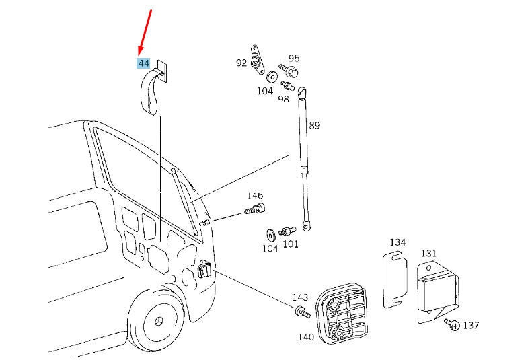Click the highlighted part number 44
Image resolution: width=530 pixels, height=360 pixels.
coord(144,63)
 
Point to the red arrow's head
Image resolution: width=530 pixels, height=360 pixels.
coord(141,50)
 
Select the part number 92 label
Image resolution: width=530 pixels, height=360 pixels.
coord(241,63)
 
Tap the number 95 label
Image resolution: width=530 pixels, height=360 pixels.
coord(294,58)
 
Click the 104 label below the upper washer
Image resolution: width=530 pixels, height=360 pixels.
coord(265,91)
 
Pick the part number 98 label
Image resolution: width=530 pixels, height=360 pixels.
coord(283,99)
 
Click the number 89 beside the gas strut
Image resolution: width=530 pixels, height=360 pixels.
coord(314,125)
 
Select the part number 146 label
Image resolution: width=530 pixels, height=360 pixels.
coord(255,195)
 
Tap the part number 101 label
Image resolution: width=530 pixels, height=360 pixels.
coord(291,244)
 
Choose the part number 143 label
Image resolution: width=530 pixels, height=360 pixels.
coord(300,297)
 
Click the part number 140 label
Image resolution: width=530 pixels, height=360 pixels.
coord(306,337)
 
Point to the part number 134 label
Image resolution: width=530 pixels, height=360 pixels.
coord(398,242)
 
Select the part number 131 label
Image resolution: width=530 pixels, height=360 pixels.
coord(429,254)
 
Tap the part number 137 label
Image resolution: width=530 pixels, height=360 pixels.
coord(471,326)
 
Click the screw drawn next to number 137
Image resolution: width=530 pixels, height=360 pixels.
coord(452,324)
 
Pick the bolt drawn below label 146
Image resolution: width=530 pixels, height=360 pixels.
coord(254,208)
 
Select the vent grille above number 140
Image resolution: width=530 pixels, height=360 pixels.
coord(342,313)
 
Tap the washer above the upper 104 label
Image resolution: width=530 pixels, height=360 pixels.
coord(272,77)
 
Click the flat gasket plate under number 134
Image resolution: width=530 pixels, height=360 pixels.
coord(395,279)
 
